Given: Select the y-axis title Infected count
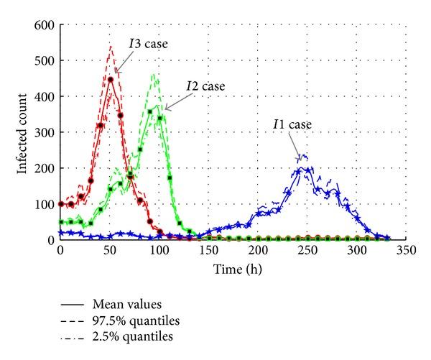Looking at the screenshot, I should click(23, 132).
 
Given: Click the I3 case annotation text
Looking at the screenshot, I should click(148, 44).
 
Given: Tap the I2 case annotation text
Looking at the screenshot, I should click(205, 86).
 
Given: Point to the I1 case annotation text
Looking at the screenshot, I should click(292, 124).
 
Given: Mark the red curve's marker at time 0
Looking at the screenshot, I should click(61, 204).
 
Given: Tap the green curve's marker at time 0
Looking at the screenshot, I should click(61, 222).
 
